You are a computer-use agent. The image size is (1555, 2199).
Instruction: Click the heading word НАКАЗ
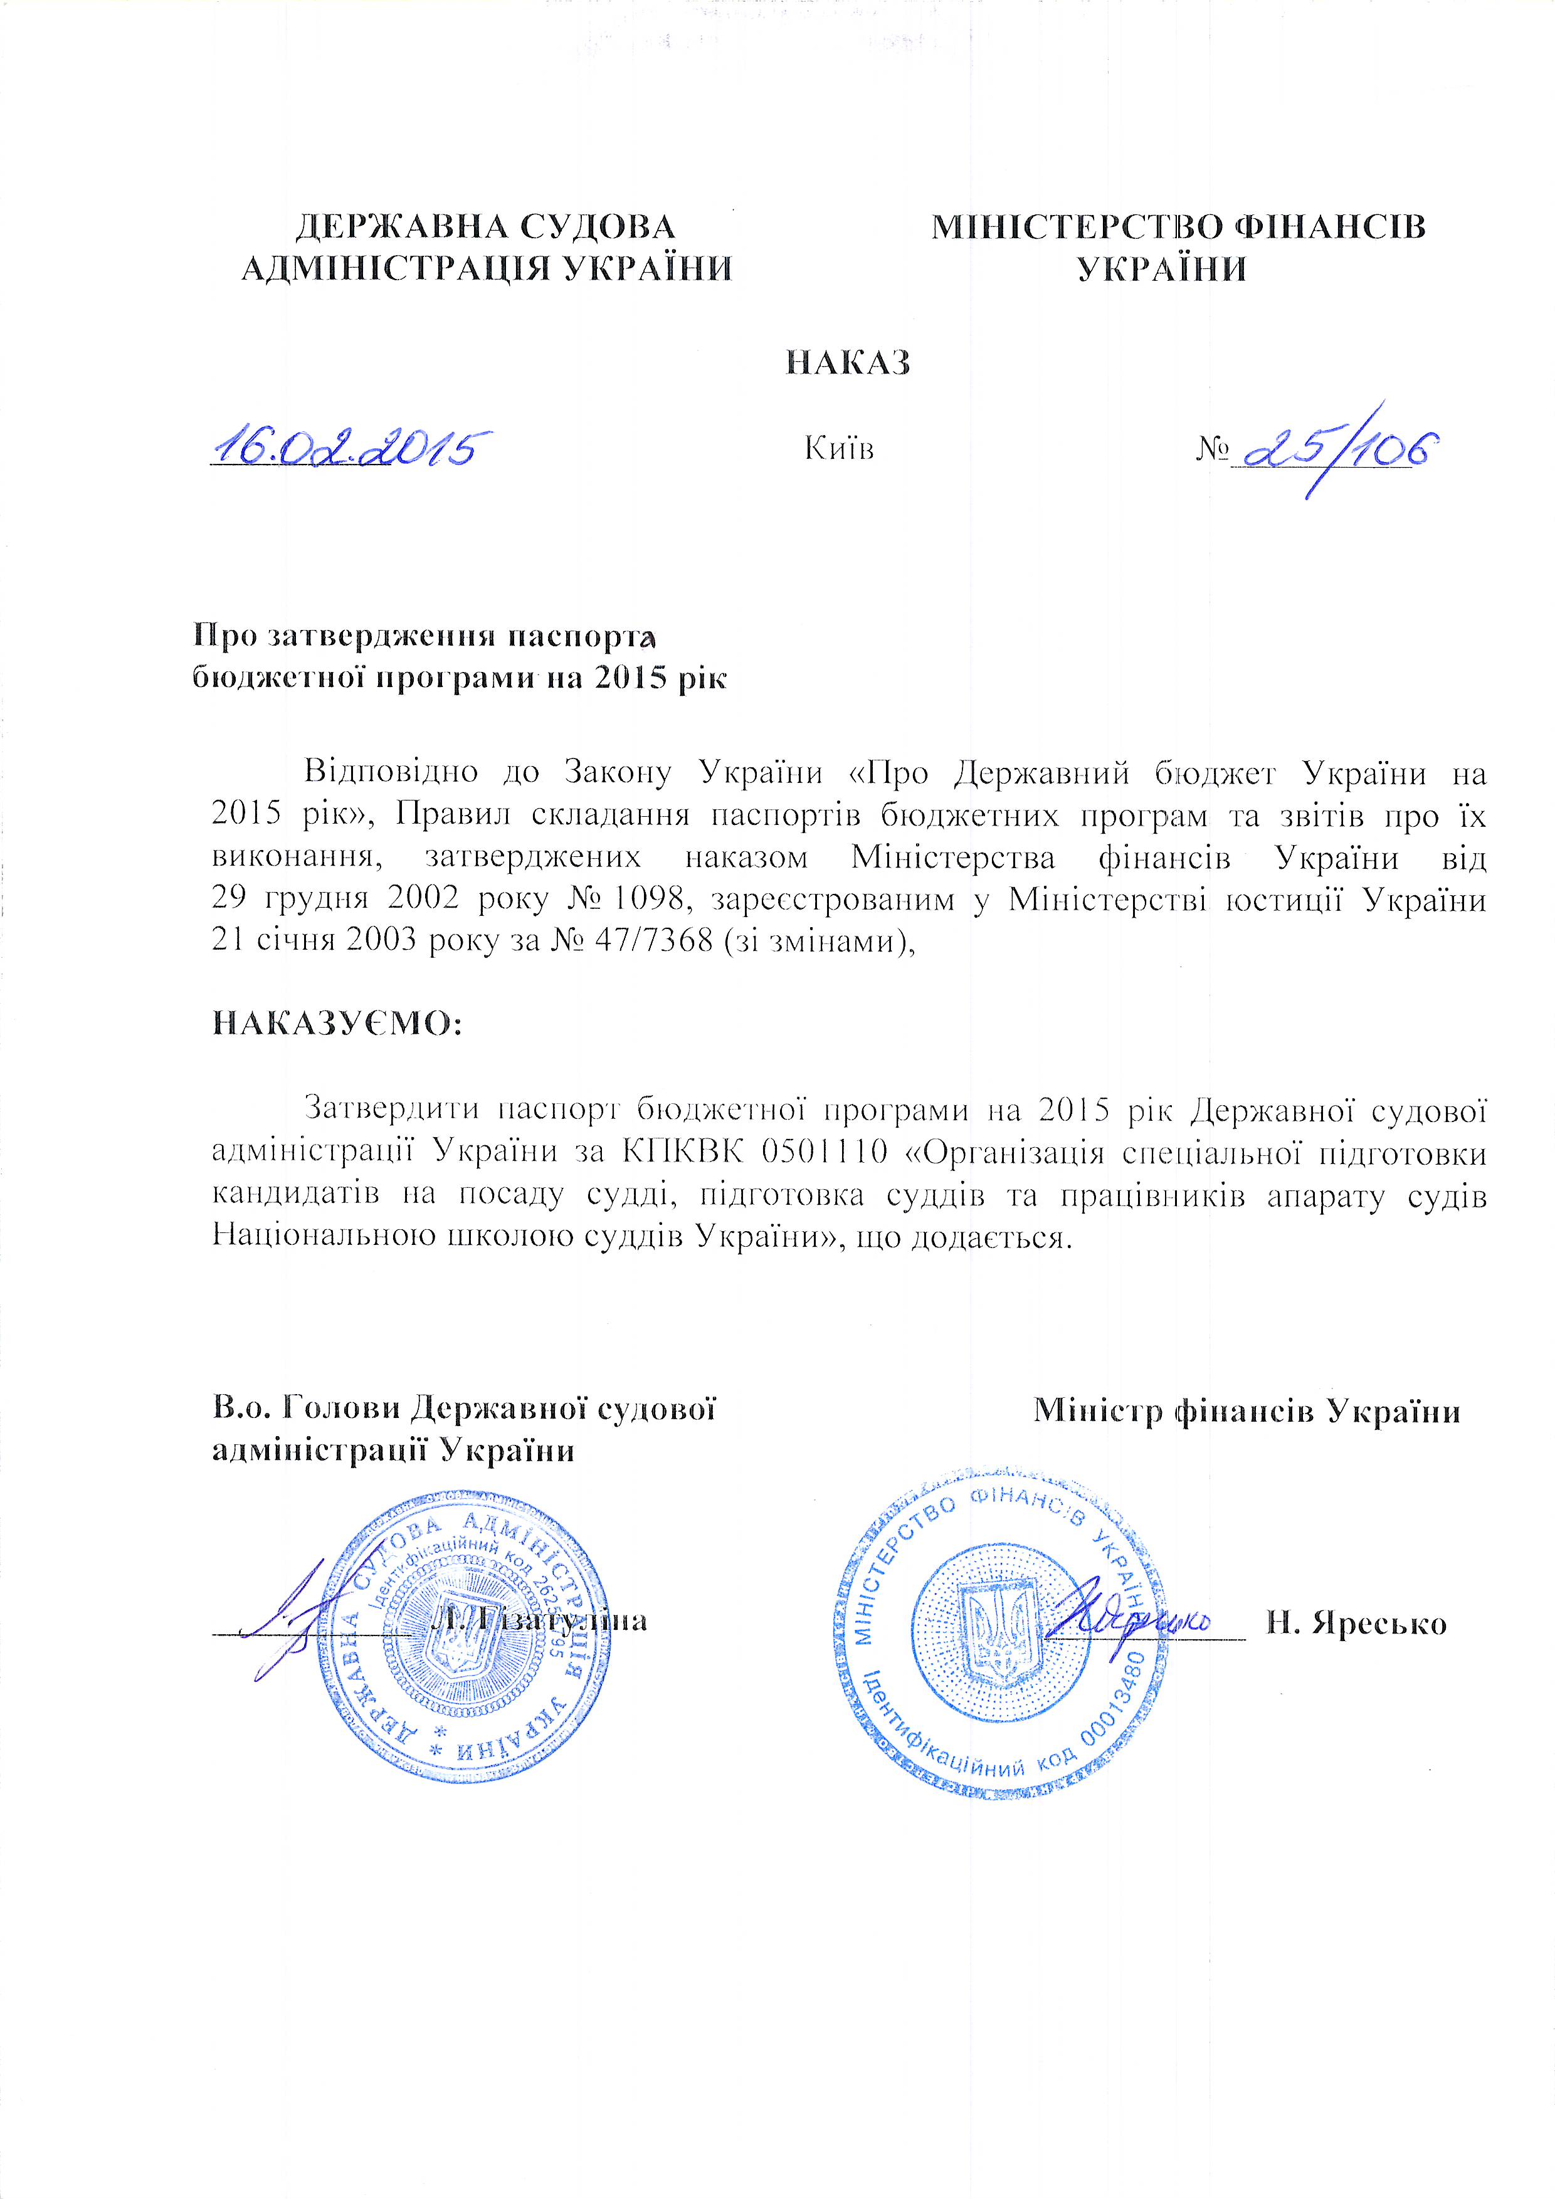[847, 363]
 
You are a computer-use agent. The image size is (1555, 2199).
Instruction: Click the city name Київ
[840, 448]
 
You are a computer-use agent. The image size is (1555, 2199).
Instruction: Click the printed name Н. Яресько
[1356, 1624]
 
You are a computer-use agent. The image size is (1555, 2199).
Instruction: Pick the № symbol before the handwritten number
[1211, 448]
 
